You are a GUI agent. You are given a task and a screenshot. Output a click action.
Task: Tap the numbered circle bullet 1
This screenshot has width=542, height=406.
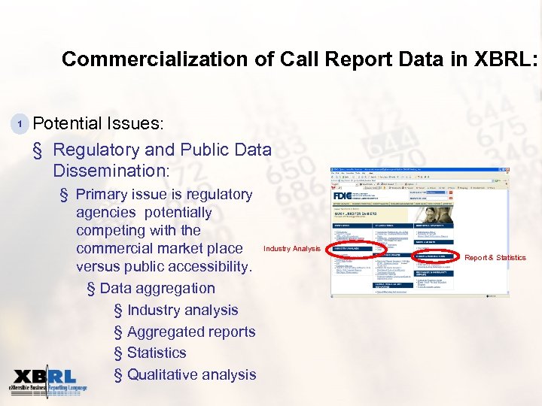[x=22, y=123]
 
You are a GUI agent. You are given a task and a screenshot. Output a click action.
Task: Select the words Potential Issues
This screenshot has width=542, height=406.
[x=99, y=123]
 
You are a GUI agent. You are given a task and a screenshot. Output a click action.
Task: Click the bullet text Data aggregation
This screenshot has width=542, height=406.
[x=157, y=288]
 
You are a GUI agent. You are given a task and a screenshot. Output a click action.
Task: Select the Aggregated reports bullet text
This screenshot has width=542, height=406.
[x=191, y=332]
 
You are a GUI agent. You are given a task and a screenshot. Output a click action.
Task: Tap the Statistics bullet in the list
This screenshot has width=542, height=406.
[x=157, y=353]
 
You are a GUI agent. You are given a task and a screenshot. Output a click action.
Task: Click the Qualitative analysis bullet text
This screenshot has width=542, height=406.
[x=191, y=374]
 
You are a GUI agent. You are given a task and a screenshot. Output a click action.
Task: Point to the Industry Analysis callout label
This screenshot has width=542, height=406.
[x=292, y=249]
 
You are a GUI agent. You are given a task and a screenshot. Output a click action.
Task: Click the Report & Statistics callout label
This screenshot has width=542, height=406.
[x=495, y=258]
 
